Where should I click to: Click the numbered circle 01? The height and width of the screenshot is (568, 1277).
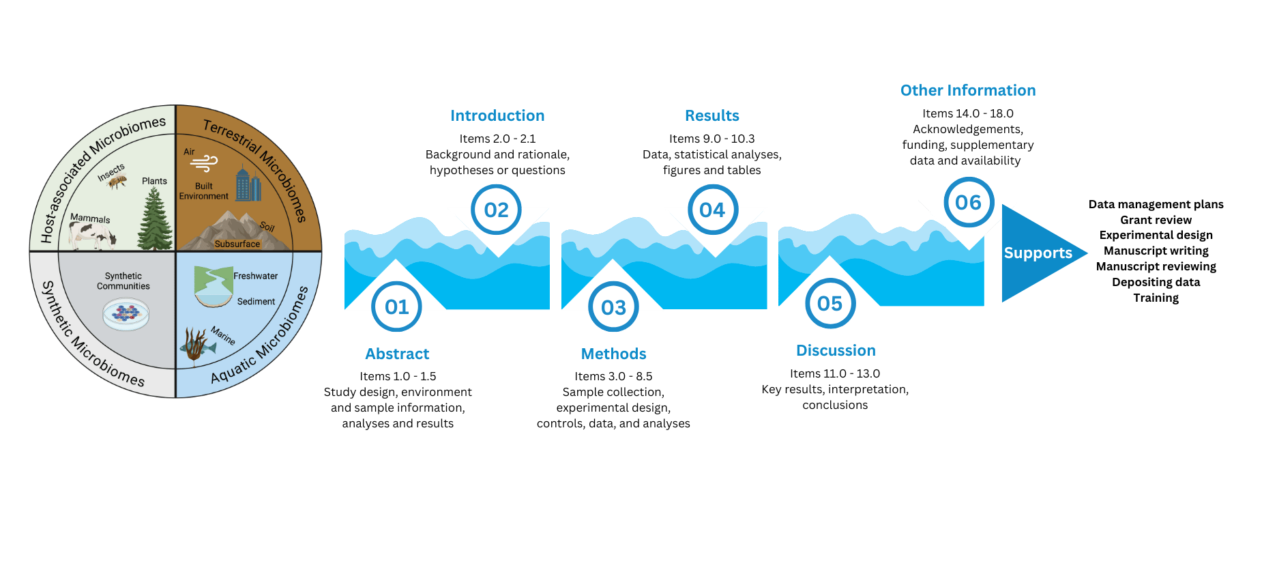tap(396, 307)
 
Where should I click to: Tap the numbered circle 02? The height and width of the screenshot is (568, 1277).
tap(497, 210)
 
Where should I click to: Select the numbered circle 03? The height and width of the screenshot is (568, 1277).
tap(613, 307)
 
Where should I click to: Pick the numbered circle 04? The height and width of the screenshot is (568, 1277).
tap(712, 210)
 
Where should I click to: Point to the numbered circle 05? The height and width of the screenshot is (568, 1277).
tap(830, 303)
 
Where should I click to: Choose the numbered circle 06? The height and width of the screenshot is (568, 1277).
tap(968, 202)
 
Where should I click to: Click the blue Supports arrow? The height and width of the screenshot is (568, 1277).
tap(1038, 253)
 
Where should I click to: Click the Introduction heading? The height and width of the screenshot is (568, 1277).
tap(497, 116)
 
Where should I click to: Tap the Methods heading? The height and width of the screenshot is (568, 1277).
tap(614, 354)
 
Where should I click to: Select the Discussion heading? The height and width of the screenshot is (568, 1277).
tap(836, 351)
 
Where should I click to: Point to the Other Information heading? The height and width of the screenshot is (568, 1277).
tap(968, 91)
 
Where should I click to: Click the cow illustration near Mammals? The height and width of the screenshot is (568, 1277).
tap(93, 236)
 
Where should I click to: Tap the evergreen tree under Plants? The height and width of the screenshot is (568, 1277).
tap(155, 218)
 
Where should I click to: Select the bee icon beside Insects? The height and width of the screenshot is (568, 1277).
tap(118, 182)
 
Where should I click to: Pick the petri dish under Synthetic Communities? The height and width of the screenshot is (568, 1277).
tap(126, 315)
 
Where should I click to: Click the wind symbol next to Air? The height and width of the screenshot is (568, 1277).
tap(205, 162)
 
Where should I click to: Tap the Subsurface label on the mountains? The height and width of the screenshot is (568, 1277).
tap(237, 244)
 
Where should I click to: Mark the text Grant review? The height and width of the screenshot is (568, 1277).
tap(1156, 220)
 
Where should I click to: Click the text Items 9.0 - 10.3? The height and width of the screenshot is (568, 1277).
tap(711, 139)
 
